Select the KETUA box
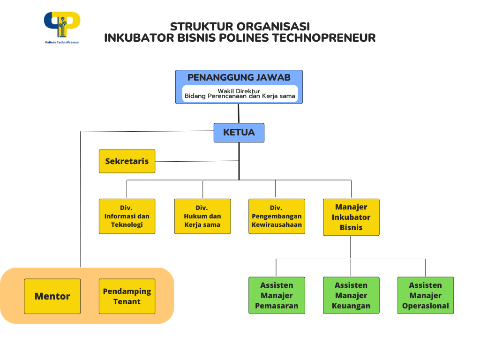pyautogui.click(x=239, y=133)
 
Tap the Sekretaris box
pyautogui.click(x=127, y=161)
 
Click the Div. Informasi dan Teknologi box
pyautogui.click(x=127, y=216)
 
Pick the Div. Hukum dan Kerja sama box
pyautogui.click(x=202, y=216)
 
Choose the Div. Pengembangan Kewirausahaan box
pyautogui.click(x=277, y=216)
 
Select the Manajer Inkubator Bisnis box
pyautogui.click(x=351, y=217)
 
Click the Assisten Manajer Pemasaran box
pyautogui.click(x=277, y=295)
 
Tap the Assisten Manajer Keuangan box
pyautogui.click(x=351, y=295)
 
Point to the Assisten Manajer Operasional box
pyautogui.click(x=426, y=295)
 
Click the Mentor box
pyautogui.click(x=52, y=296)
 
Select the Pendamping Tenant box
pyautogui.click(x=127, y=296)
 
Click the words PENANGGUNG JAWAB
pyautogui.click(x=239, y=77)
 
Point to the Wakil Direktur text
pyautogui.click(x=239, y=91)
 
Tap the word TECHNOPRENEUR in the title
pyautogui.click(x=323, y=38)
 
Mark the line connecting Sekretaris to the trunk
pyautogui.click(x=197, y=161)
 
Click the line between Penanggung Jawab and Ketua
pyautogui.click(x=239, y=113)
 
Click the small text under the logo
pyautogui.click(x=62, y=42)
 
